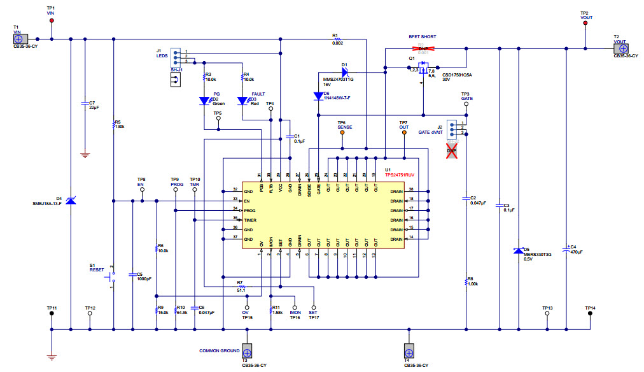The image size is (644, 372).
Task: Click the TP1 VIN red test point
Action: tap(52, 20)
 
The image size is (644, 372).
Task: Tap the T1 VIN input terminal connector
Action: tap(18, 39)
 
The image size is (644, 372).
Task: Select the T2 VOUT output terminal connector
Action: tap(624, 48)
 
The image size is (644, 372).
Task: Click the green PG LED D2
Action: tap(204, 101)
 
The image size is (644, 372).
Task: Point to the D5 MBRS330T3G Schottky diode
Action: tap(518, 251)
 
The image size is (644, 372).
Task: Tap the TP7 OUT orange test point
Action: tap(403, 132)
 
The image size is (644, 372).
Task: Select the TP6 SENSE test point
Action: tap(342, 132)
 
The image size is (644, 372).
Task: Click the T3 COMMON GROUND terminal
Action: tap(247, 351)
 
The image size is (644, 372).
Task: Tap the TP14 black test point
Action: tap(591, 313)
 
